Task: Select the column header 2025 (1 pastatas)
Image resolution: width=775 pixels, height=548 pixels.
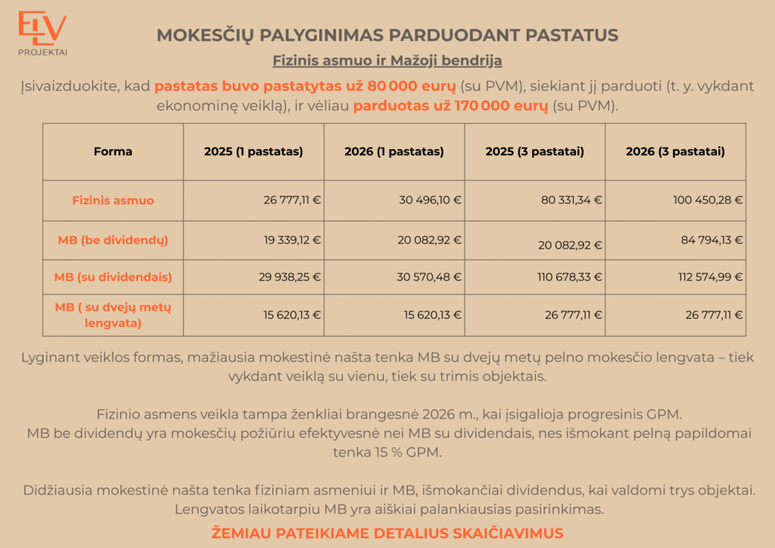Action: pos(254,151)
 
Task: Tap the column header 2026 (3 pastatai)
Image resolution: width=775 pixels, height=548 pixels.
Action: pos(675,151)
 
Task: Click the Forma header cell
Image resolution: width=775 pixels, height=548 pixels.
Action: pos(113,151)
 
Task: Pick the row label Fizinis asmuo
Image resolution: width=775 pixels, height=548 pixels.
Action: pos(113,201)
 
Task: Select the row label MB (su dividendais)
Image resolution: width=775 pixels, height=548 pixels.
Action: pos(113,277)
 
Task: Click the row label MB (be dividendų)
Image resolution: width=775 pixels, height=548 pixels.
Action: pos(113,240)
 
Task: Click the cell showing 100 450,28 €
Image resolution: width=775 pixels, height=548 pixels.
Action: pos(708,201)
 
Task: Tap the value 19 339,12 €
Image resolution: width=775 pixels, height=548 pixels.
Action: pos(292,240)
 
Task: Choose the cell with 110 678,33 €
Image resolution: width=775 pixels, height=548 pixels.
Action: pos(570,277)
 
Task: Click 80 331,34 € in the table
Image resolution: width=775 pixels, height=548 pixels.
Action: pos(571,201)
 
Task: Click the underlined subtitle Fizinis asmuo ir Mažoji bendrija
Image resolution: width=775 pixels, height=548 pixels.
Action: pos(387,60)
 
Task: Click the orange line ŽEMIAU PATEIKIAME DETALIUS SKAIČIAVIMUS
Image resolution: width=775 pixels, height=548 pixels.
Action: pos(387,533)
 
